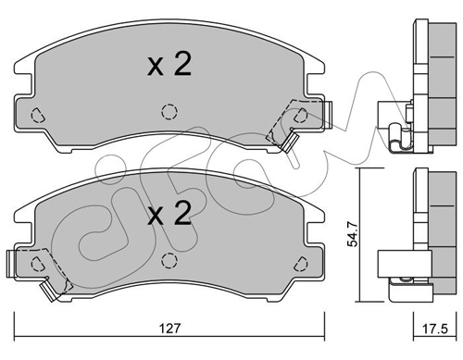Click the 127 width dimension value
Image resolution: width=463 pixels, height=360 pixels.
[169, 328]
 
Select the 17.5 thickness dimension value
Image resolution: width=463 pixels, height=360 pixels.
[434, 329]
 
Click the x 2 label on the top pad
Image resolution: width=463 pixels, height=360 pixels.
[169, 64]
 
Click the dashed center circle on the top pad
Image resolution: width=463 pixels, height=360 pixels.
[169, 112]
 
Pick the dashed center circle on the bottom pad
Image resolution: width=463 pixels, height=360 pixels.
[169, 261]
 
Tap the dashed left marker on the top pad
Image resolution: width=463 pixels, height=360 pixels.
[38, 116]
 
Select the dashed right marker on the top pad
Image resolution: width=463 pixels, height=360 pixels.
[300, 116]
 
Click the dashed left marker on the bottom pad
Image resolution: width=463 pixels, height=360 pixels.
[38, 264]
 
